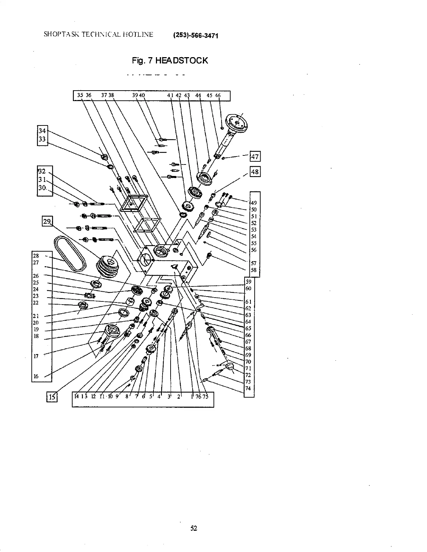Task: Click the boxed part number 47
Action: [255, 156]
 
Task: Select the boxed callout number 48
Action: [255, 172]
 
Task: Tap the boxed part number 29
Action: [47, 221]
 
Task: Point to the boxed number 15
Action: [52, 397]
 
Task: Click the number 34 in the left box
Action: [42, 131]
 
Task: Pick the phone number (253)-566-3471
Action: [195, 36]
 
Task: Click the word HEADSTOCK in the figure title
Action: [181, 61]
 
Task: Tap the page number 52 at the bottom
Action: [194, 528]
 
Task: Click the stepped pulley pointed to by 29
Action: [108, 267]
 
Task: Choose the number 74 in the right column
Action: [248, 389]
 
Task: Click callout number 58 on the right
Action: [254, 270]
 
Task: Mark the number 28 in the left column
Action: [36, 256]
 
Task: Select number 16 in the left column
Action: [36, 376]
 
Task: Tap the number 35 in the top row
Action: [80, 95]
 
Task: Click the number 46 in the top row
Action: [218, 95]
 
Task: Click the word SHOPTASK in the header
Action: [57, 34]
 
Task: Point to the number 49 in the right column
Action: [254, 203]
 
